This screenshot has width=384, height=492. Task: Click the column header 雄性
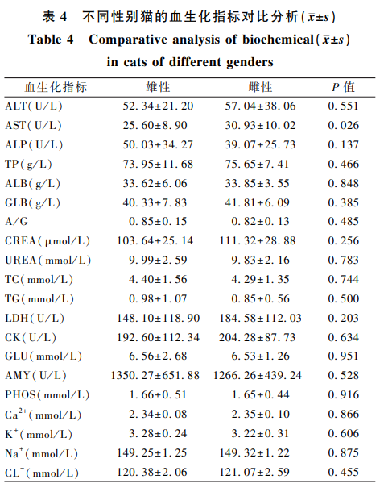pyautogui.click(x=158, y=87)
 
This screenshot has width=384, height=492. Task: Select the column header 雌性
pyautogui.click(x=261, y=87)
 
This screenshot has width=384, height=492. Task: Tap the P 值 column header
pyautogui.click(x=344, y=87)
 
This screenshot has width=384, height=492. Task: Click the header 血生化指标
pyautogui.click(x=56, y=87)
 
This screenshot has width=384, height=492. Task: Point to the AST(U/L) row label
pyautogui.click(x=34, y=126)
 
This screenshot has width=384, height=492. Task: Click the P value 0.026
pyautogui.click(x=344, y=126)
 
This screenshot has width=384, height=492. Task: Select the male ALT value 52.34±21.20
pyautogui.click(x=158, y=106)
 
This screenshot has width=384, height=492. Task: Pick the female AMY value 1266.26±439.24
pyautogui.click(x=258, y=376)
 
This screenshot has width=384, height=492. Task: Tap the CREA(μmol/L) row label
pyautogui.click(x=47, y=241)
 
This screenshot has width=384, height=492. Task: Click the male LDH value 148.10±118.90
pyautogui.click(x=158, y=318)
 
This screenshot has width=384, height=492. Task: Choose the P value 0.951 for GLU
pyautogui.click(x=344, y=356)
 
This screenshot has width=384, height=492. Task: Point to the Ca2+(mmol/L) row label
pyautogui.click(x=43, y=415)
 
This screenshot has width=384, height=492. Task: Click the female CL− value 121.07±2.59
pyautogui.click(x=254, y=472)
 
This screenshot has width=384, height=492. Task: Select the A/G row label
pyautogui.click(x=16, y=222)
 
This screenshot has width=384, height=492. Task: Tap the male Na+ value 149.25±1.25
pyautogui.click(x=152, y=452)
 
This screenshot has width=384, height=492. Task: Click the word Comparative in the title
pyautogui.click(x=128, y=40)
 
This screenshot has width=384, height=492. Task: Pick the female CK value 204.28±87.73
pyautogui.click(x=257, y=338)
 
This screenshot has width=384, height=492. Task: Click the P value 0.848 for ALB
pyautogui.click(x=344, y=183)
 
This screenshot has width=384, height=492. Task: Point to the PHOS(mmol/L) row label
pyautogui.click(x=47, y=394)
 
